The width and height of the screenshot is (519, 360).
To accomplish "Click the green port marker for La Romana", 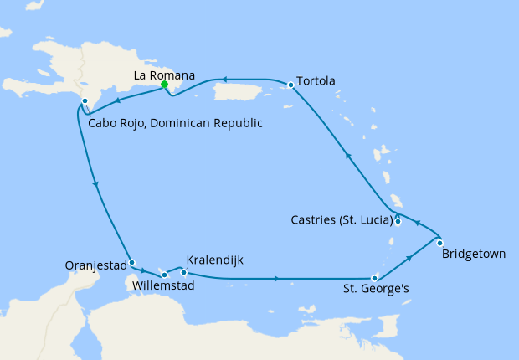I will tap(165, 85).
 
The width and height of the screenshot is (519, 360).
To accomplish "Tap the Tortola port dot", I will tap(290, 85).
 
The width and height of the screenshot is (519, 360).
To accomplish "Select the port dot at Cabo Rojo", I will tap(85, 101).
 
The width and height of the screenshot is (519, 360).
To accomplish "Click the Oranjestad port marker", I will tap(131, 262).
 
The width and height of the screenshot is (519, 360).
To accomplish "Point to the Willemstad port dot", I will tap(165, 275).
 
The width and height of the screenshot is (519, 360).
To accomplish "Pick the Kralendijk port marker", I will tap(184, 272).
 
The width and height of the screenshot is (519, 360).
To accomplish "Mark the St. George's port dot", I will tap(374, 278).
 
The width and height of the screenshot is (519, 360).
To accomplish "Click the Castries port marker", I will tap(398, 222).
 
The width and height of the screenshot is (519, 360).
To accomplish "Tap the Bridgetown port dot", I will tap(440, 243).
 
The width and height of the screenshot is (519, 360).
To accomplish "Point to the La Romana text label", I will tap(165, 75).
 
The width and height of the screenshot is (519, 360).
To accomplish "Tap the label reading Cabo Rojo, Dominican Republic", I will tap(175, 123).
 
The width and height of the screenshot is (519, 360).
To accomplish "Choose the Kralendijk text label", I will tap(215, 260).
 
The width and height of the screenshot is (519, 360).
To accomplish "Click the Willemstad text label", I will tap(164, 286).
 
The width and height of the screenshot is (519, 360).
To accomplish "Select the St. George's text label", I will tap(378, 291).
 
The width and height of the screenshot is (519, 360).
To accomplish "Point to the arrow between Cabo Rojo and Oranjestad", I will tap(97, 184).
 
